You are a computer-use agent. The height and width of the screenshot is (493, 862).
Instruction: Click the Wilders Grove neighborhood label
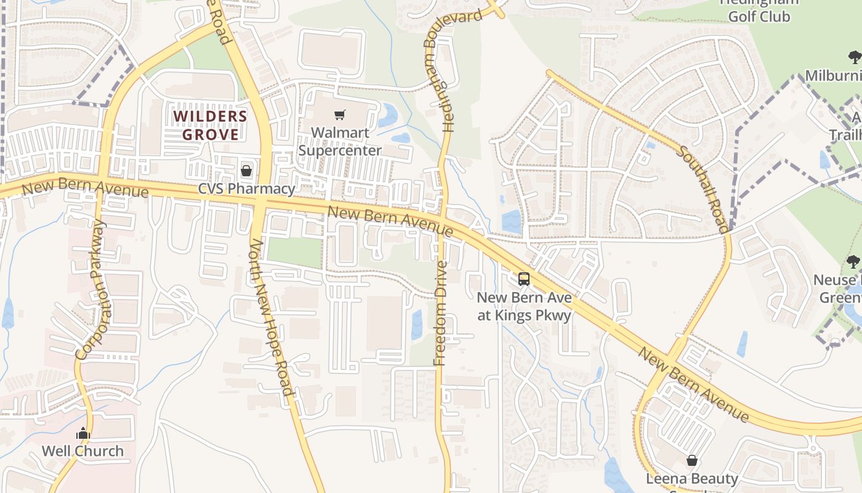pyautogui.click(x=210, y=125)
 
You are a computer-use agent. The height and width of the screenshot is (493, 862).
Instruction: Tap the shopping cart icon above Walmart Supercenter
pyautogui.click(x=339, y=115)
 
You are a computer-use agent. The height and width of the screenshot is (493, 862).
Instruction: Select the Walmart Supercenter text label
pyautogui.click(x=340, y=142)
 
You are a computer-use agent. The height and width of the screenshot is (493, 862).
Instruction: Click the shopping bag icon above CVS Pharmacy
pyautogui.click(x=246, y=171)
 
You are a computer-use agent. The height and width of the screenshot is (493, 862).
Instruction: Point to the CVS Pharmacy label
pyautogui.click(x=246, y=189)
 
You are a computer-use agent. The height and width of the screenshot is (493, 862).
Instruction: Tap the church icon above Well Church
pyautogui.click(x=83, y=434)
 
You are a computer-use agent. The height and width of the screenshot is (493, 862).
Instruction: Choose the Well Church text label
pyautogui.click(x=83, y=451)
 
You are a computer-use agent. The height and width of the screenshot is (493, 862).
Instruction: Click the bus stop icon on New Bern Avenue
pyautogui.click(x=524, y=279)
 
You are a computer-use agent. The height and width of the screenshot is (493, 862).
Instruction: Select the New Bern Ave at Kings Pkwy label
pyautogui.click(x=525, y=306)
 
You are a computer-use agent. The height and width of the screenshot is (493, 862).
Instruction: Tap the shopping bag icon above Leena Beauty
pyautogui.click(x=692, y=460)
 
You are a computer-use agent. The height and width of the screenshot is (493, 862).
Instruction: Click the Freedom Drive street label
pyautogui.click(x=440, y=313)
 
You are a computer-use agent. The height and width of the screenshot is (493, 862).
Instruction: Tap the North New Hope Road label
pyautogui.click(x=270, y=317)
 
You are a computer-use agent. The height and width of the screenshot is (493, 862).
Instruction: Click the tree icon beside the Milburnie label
pyautogui.click(x=854, y=58)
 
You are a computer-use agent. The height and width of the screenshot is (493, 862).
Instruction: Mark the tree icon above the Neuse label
pyautogui.click(x=853, y=262)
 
